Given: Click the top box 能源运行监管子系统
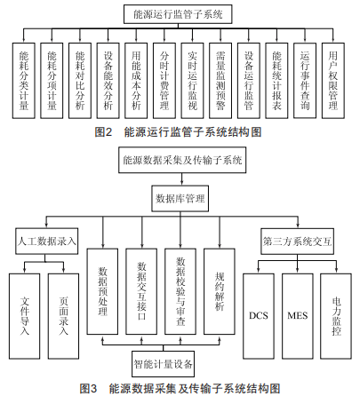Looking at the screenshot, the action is coord(178,14).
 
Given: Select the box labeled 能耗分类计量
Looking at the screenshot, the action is coord(24,81).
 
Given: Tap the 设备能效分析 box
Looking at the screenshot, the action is coord(108,81).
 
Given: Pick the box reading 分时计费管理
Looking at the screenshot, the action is coord(164,81).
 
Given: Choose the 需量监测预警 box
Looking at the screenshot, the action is coord(220,81).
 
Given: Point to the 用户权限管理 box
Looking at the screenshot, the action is coord(333,81).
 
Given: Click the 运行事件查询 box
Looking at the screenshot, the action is coord(305,81).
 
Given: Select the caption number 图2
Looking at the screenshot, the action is coord(103,132).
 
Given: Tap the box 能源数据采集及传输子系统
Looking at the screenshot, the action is coord(182,160).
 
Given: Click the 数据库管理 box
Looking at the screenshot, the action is coord(180,198).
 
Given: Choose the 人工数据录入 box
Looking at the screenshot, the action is coord(47,242).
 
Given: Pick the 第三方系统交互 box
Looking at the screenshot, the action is coord(297,242).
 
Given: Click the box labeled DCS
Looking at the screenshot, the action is coord(259,316).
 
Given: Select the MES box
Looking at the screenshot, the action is coord(297,316).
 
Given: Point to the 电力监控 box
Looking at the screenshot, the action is coord(336,316).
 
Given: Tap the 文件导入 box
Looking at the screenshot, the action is coord(25,316).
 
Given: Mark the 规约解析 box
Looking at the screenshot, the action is coord(220,291).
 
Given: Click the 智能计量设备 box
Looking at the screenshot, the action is coord(164,364).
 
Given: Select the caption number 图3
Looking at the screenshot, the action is coord(88,388).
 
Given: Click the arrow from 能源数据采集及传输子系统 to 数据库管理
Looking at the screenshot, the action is coord(182,179).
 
